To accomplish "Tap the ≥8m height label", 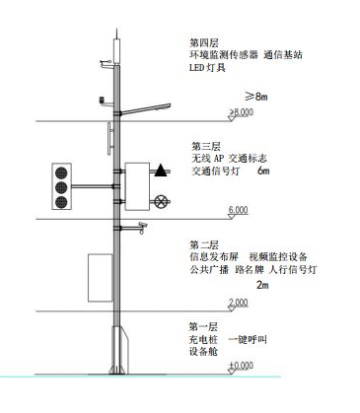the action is tap(259, 96).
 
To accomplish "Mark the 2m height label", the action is tap(261, 284).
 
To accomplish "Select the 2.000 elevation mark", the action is tap(238, 302).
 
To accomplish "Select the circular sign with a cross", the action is tap(162, 200).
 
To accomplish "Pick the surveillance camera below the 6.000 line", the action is tap(143, 226).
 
